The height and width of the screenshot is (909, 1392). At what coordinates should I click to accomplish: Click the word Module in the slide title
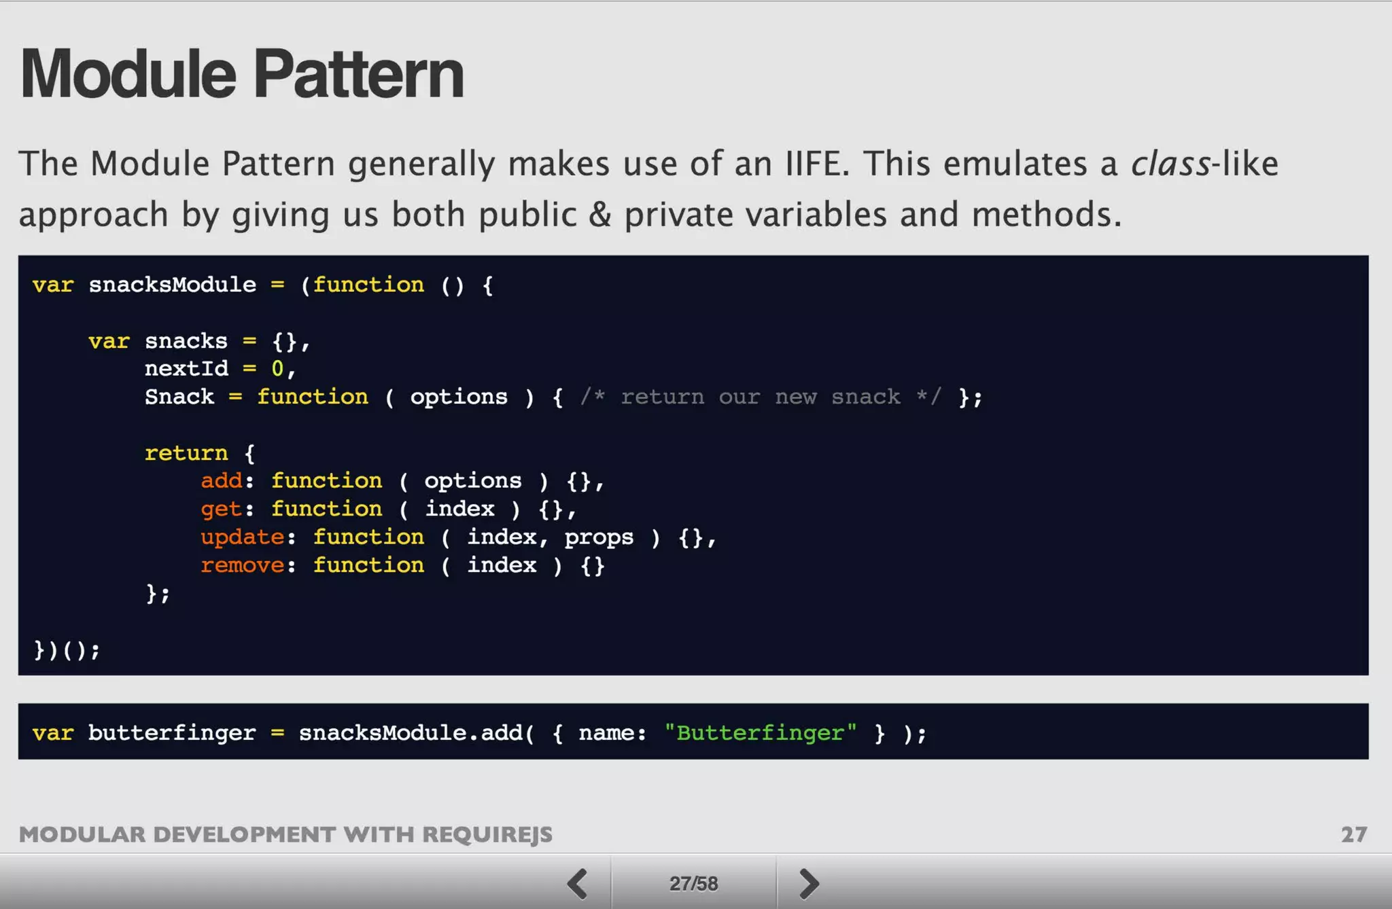128,74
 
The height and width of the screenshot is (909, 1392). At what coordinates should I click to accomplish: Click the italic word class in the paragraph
1170,164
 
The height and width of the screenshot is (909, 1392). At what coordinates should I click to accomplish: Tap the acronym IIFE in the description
817,164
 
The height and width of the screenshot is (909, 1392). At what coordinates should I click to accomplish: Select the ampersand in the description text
599,215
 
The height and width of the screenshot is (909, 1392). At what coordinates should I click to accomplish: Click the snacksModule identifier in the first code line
173,285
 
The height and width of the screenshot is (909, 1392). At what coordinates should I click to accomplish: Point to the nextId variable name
186,369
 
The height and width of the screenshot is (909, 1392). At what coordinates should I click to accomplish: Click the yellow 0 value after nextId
277,369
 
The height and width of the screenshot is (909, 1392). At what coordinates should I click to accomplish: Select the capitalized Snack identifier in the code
179,397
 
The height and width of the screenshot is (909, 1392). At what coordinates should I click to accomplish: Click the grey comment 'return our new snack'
761,397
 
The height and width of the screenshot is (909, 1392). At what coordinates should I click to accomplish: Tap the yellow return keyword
186,453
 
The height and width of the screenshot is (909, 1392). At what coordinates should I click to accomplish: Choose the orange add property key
222,481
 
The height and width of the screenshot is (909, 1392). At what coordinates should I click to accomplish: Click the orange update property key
243,537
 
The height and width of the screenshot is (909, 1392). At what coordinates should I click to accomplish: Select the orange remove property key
243,565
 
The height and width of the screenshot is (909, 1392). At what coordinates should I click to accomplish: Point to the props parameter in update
599,537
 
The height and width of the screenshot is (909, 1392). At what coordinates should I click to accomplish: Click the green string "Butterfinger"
761,733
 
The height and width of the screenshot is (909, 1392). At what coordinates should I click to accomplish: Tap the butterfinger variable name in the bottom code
172,733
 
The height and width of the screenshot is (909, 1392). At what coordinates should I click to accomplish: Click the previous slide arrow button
578,883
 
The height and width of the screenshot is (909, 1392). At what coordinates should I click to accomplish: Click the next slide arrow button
808,883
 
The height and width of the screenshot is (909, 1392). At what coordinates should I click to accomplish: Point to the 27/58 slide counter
693,883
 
